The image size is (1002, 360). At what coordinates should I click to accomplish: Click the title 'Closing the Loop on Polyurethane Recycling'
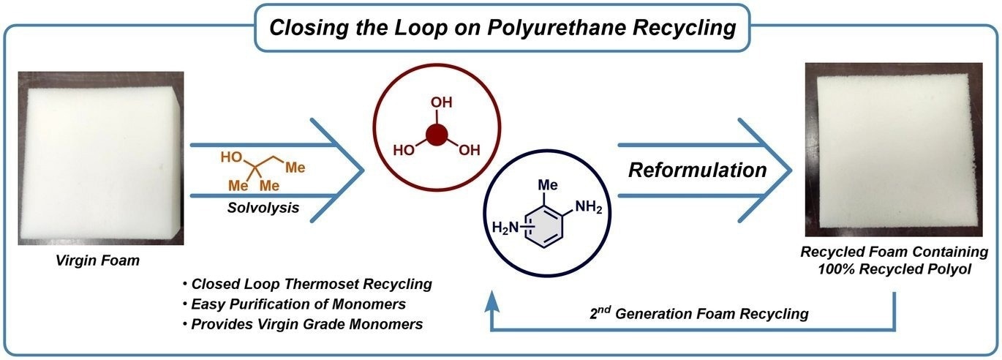[502, 28]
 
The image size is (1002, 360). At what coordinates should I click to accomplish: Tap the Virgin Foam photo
[101, 157]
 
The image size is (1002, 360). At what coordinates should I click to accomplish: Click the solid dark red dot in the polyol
[437, 135]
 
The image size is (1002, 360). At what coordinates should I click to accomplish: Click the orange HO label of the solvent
[231, 157]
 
